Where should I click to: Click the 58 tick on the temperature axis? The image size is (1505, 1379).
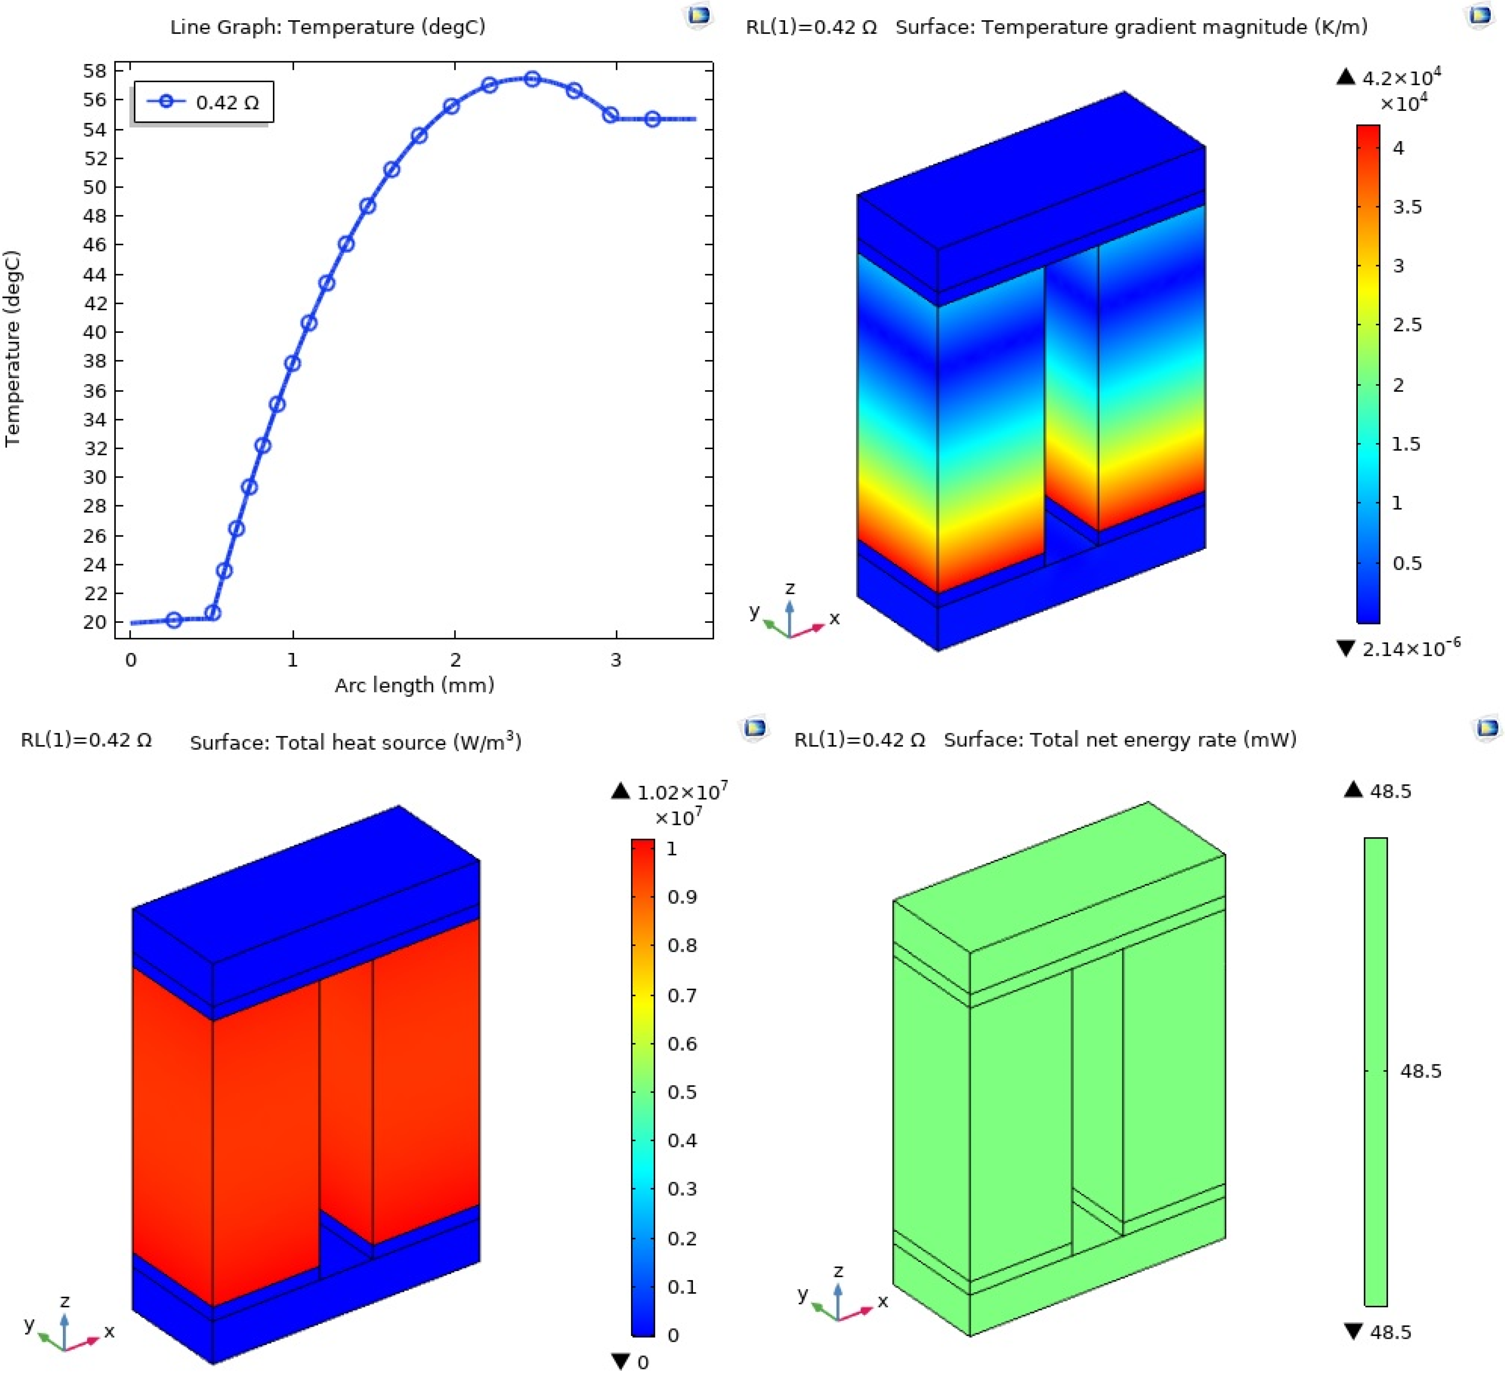[95, 71]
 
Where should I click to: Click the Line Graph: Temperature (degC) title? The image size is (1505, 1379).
[328, 27]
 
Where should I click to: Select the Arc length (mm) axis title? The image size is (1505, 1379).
[414, 685]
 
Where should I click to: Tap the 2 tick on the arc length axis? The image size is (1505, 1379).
[455, 660]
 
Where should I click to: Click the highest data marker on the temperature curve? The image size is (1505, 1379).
[532, 79]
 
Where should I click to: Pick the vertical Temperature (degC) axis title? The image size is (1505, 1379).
[13, 349]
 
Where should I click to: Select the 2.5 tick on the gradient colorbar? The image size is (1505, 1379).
[1407, 325]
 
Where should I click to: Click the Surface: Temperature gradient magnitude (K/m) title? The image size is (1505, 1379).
[1131, 27]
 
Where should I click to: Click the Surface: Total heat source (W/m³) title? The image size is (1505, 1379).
[355, 742]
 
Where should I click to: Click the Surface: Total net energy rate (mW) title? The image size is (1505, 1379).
[1120, 740]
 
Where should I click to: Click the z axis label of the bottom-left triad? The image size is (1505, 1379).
[65, 1300]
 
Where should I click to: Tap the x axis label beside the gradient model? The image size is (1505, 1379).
[835, 618]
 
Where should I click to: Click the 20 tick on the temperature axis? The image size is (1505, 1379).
[95, 622]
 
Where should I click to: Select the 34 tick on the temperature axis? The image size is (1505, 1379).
[95, 420]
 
